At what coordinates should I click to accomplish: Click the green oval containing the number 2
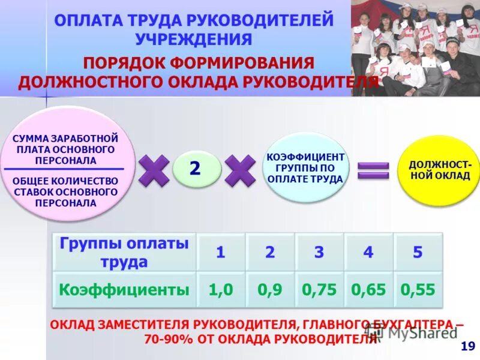click(196, 169)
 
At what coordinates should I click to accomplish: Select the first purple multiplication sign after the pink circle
click(154, 170)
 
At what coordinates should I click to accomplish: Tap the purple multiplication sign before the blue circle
click(240, 170)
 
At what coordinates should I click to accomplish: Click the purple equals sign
click(373, 170)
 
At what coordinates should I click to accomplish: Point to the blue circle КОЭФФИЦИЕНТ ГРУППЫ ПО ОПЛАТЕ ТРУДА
click(306, 167)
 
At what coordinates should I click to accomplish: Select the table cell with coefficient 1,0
click(221, 290)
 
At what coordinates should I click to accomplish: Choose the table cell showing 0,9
click(270, 290)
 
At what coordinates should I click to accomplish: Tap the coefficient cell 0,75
click(319, 290)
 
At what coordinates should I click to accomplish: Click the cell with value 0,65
click(368, 290)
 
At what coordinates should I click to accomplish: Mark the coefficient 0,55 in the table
click(418, 290)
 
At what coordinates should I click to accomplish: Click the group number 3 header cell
click(319, 253)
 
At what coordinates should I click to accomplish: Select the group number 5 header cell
click(418, 253)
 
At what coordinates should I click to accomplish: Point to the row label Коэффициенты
click(124, 290)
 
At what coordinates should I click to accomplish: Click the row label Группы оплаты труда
click(124, 253)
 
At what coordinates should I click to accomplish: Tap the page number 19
click(467, 346)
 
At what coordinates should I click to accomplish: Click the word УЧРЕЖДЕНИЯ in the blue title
click(193, 40)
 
